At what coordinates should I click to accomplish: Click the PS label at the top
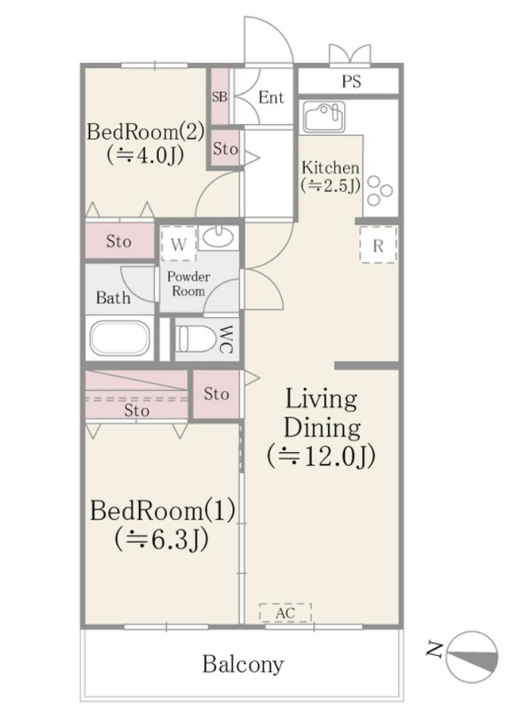[x=351, y=81]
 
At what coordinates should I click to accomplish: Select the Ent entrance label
[x=270, y=98]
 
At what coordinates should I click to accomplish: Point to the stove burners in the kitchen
[x=380, y=191]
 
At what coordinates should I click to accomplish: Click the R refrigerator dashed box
[x=378, y=245]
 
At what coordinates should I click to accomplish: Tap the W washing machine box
[x=179, y=245]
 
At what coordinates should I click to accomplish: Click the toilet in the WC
[x=196, y=339]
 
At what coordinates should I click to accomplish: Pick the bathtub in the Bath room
[x=120, y=338]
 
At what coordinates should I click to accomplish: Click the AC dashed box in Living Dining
[x=285, y=612]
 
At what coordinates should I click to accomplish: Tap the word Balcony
[x=243, y=664]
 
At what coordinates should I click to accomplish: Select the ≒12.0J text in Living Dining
[x=321, y=455]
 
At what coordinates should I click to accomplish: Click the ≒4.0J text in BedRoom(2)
[x=145, y=156]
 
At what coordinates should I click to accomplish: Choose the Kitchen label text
[x=329, y=168]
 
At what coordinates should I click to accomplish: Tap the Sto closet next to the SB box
[x=225, y=148]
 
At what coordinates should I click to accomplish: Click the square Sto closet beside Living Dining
[x=216, y=395]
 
